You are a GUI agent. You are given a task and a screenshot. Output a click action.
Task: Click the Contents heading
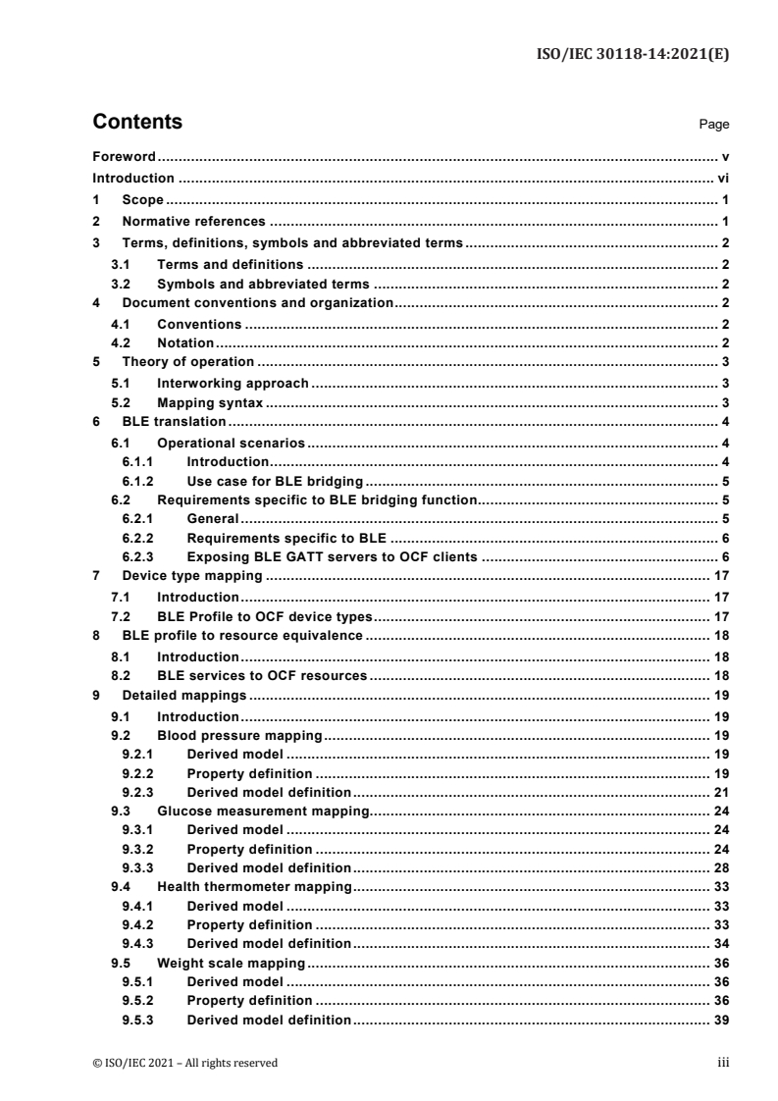tap(136, 123)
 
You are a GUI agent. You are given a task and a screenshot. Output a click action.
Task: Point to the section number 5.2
tap(122, 402)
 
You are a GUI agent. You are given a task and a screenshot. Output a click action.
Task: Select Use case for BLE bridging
tap(275, 481)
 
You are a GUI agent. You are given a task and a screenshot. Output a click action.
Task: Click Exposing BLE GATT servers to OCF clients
tap(332, 557)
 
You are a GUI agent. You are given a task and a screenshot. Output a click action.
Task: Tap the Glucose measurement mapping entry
tap(262, 812)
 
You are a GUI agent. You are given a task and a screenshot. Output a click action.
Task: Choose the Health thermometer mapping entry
tap(254, 887)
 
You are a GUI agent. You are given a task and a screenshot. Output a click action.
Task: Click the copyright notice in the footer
tap(184, 1062)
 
